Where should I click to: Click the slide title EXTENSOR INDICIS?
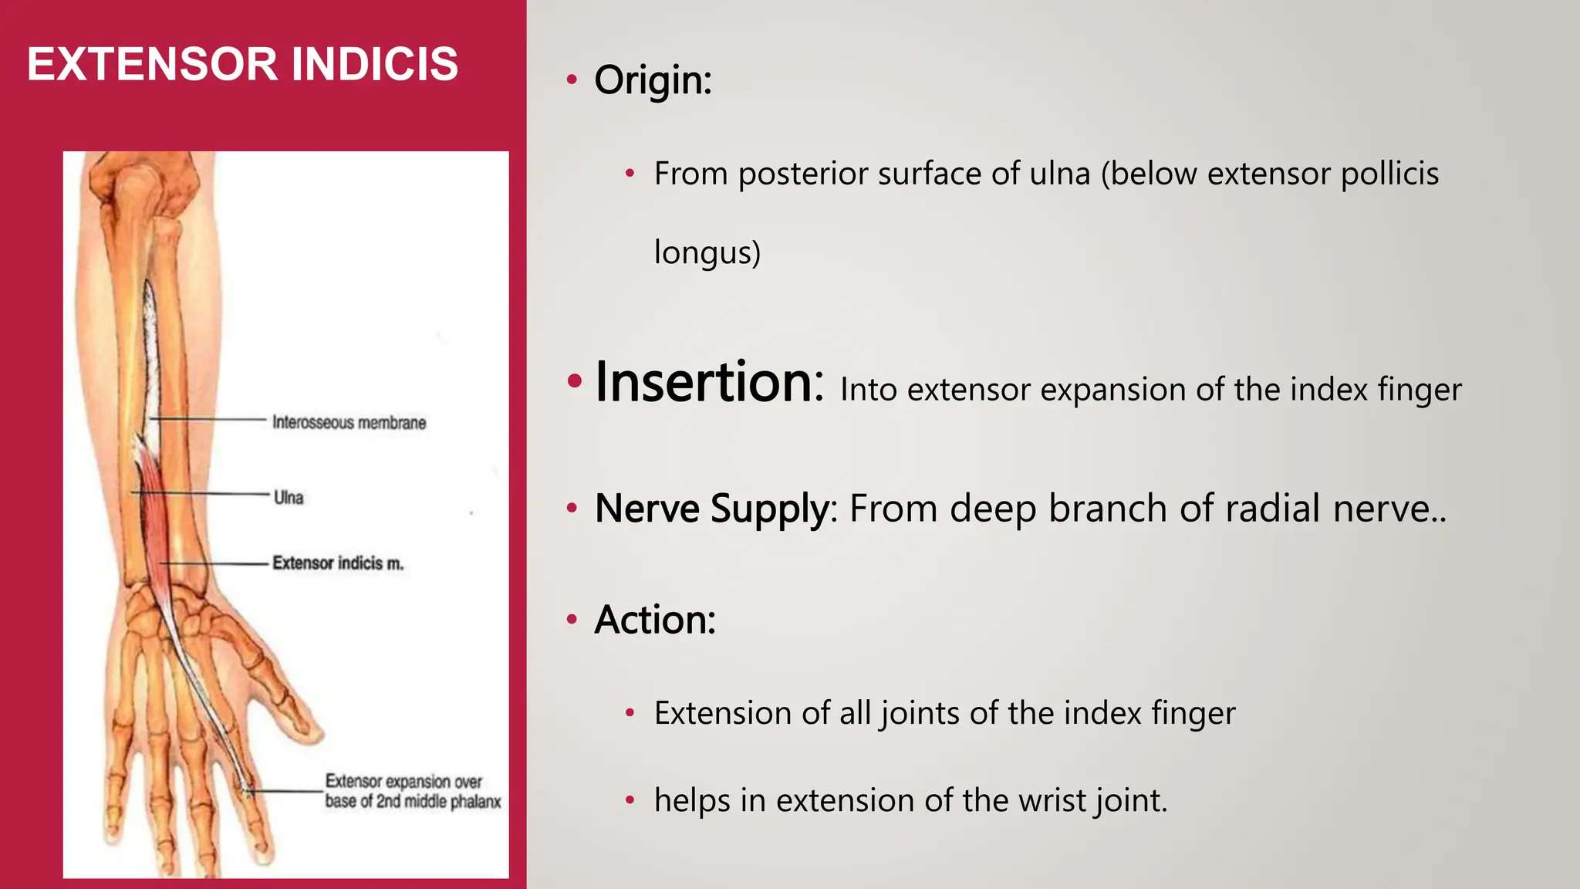click(x=242, y=63)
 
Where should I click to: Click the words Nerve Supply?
click(x=711, y=509)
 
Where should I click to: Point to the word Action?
click(x=653, y=620)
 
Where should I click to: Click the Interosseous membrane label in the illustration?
click(x=349, y=422)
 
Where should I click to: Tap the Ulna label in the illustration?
click(x=289, y=498)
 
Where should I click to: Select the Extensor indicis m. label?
click(x=338, y=563)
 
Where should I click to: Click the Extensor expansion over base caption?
click(x=412, y=791)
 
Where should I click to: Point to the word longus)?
click(x=707, y=252)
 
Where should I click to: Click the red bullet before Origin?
click(x=572, y=79)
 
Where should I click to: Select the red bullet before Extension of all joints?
click(x=630, y=713)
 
